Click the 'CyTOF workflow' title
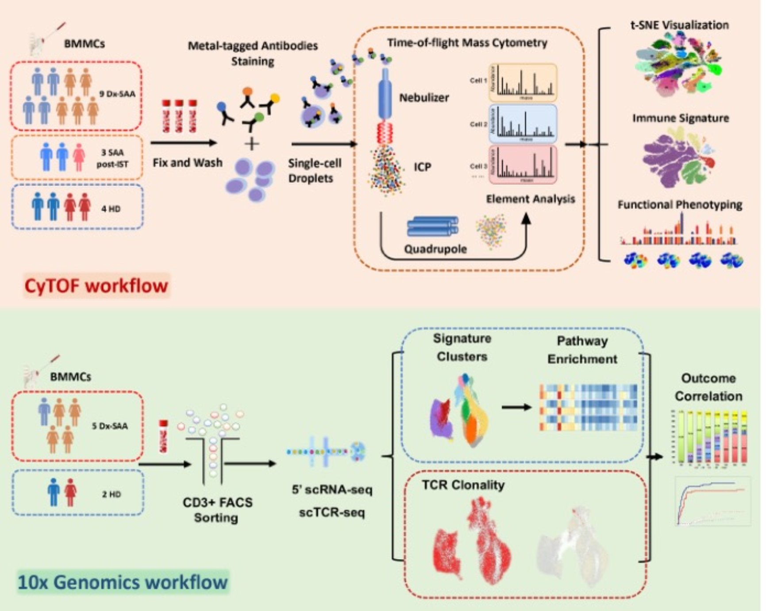coord(96,286)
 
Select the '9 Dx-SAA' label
coord(117,94)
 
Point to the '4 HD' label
coord(111,209)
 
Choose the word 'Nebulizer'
coord(424,98)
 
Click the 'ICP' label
coord(422,167)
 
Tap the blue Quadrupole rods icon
coord(432,227)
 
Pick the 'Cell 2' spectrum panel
coord(523,124)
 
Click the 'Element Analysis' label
coord(530,199)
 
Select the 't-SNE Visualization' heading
coord(679,25)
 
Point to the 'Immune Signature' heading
coord(680,118)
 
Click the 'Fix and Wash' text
coord(188,163)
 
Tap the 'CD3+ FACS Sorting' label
coord(217,510)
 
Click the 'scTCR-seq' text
coord(332,513)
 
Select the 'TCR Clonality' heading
coord(463,485)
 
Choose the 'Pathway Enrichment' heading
coord(582,350)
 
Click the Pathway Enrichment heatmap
coord(588,407)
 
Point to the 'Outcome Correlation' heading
coord(708,387)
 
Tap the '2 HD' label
coord(111,494)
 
